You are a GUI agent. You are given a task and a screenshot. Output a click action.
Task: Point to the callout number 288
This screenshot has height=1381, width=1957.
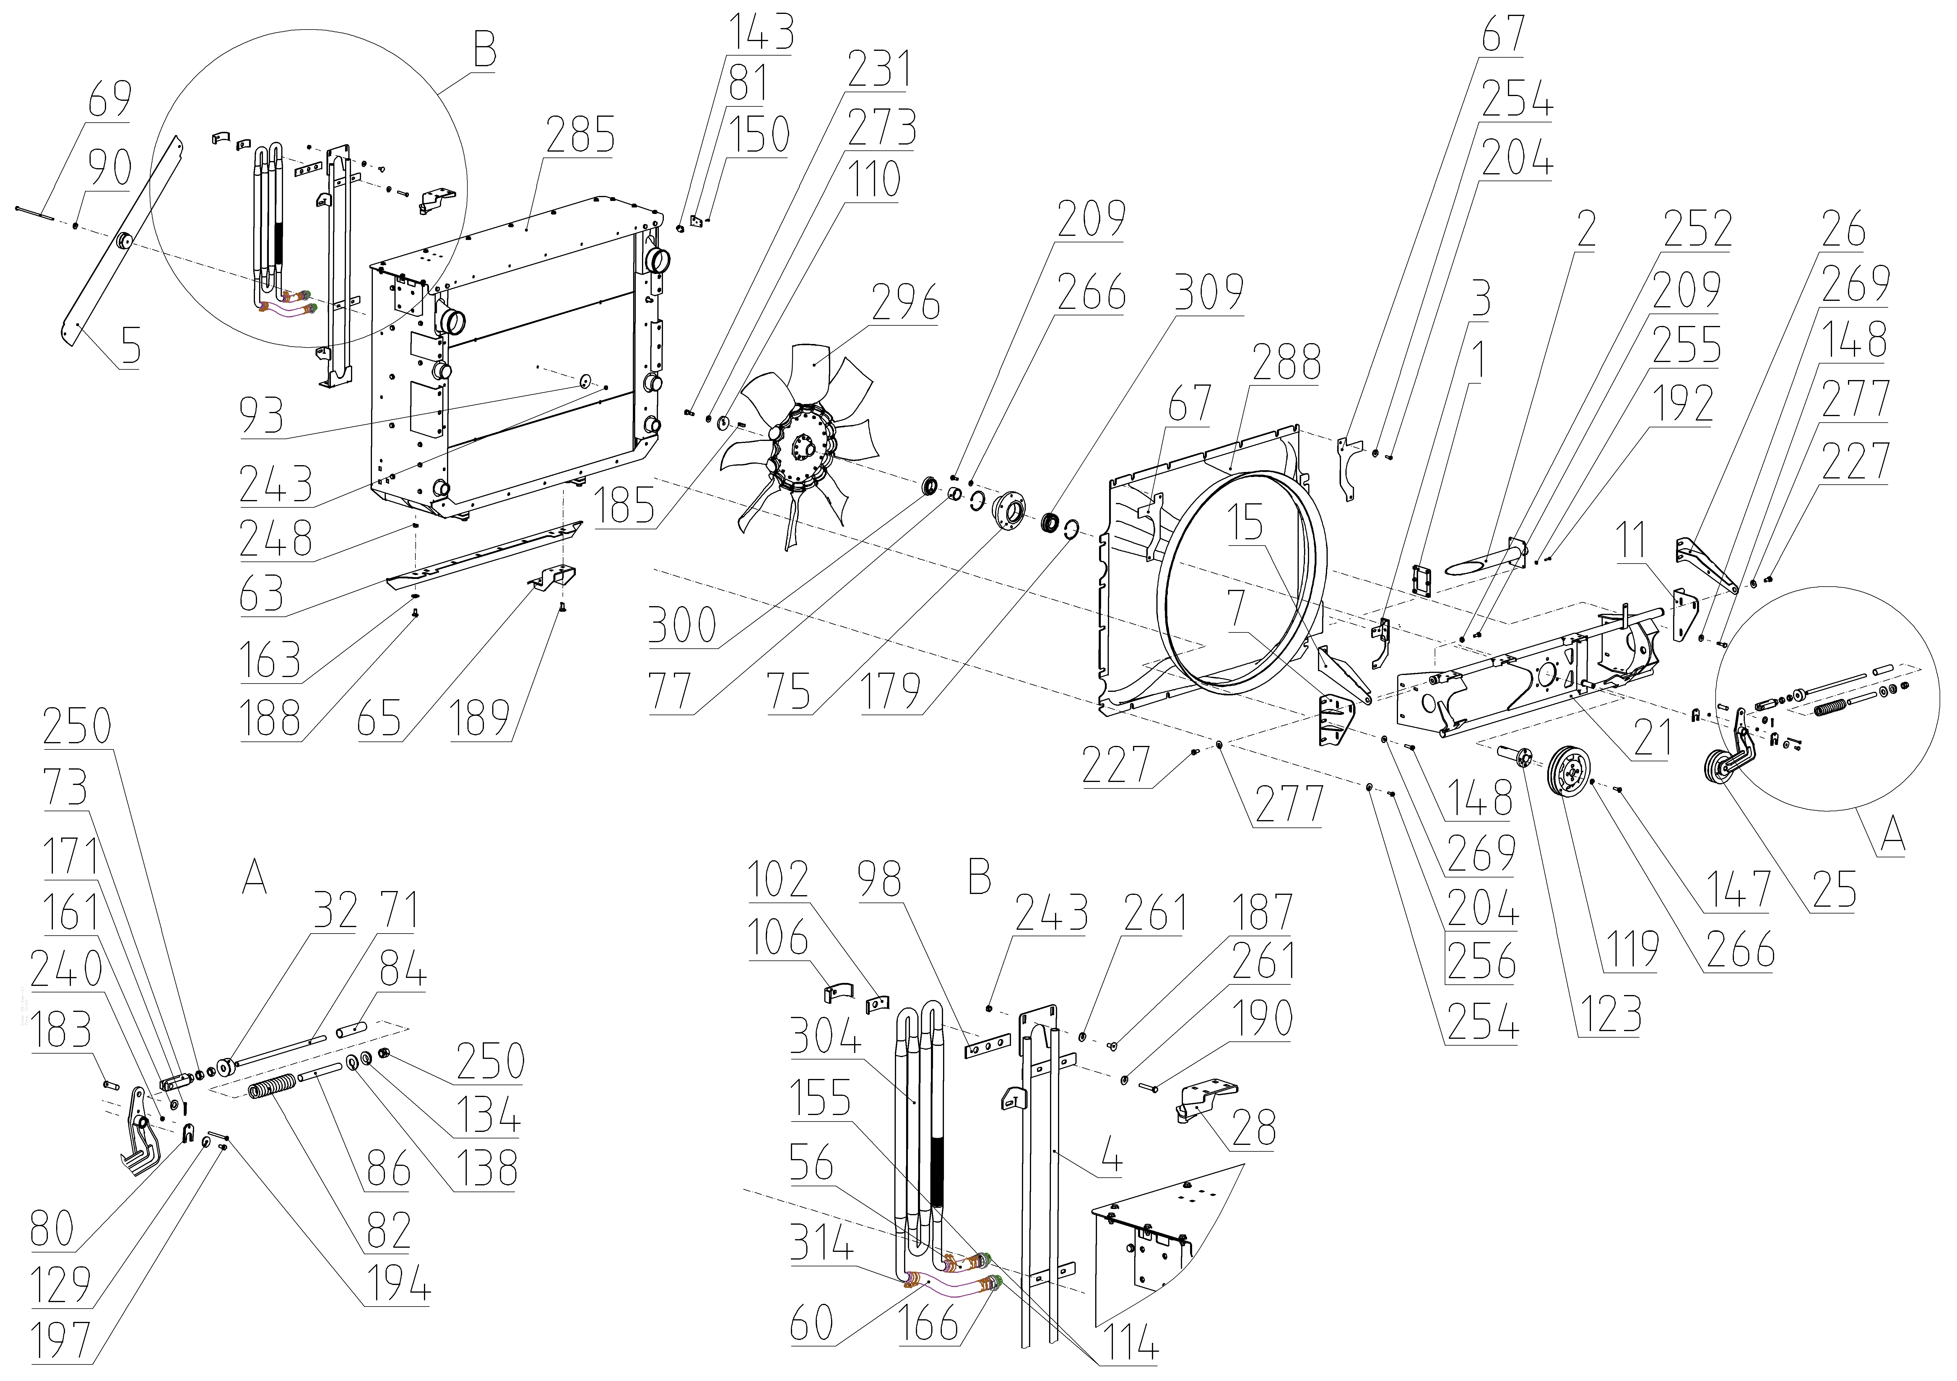[1287, 362]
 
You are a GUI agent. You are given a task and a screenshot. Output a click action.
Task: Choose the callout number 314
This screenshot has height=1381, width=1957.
[820, 1245]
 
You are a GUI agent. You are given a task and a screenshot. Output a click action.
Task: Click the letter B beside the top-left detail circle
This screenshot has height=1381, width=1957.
[484, 51]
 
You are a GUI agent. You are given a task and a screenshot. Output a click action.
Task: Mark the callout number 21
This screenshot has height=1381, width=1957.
[1652, 737]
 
